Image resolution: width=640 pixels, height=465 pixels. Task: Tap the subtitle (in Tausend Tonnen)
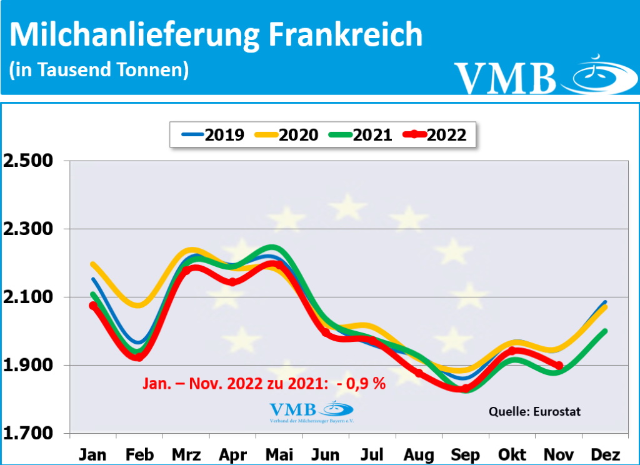click(99, 70)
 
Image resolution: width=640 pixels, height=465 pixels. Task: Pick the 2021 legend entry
click(362, 134)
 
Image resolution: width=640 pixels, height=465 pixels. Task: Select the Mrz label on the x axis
click(186, 454)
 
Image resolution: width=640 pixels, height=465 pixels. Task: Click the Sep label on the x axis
click(465, 454)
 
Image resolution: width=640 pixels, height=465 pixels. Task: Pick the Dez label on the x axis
click(604, 454)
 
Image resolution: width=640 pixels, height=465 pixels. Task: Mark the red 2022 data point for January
click(93, 306)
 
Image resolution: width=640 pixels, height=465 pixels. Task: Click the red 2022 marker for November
click(559, 366)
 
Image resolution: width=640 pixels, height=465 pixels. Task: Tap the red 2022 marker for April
click(232, 282)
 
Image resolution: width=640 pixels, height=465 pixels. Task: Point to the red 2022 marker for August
click(419, 373)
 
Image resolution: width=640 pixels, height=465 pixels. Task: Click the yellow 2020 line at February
click(139, 306)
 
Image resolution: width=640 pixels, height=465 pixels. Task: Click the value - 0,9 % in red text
click(362, 383)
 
